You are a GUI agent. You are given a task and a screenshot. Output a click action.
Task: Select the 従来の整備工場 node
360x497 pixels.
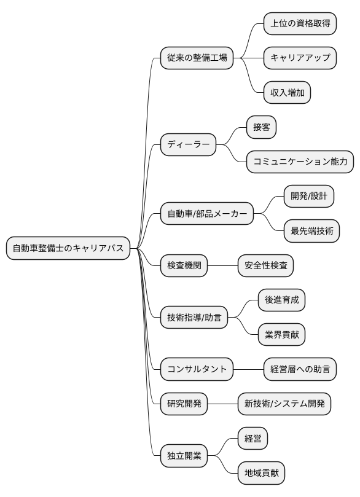(x=197, y=58)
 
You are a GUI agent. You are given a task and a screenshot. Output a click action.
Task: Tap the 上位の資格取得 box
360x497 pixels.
(x=300, y=24)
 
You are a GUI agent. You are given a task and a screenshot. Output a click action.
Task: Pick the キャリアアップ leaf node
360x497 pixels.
(x=300, y=58)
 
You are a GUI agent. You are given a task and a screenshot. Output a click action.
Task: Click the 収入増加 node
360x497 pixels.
(x=287, y=93)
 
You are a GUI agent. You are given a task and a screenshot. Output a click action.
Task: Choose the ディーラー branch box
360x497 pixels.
(x=188, y=145)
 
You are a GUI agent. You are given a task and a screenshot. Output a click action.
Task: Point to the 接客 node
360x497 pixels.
(x=261, y=128)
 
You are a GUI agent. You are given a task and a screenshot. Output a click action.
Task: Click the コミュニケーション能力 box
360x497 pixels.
(x=300, y=162)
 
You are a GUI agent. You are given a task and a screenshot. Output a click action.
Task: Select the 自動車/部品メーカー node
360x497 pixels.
(x=206, y=214)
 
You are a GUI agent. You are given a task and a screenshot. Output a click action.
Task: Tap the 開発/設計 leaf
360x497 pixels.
(x=308, y=197)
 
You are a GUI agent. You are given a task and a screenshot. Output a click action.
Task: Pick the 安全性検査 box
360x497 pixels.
(x=266, y=266)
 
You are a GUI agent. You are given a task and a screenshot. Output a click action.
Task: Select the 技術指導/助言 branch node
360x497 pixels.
(x=194, y=318)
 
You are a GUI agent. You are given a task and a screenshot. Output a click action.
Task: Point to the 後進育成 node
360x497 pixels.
(x=281, y=300)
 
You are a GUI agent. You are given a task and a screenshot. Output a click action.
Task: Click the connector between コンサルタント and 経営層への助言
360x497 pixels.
(x=249, y=370)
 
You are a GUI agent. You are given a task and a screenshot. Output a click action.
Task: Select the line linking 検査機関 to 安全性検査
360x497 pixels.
(x=223, y=266)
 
